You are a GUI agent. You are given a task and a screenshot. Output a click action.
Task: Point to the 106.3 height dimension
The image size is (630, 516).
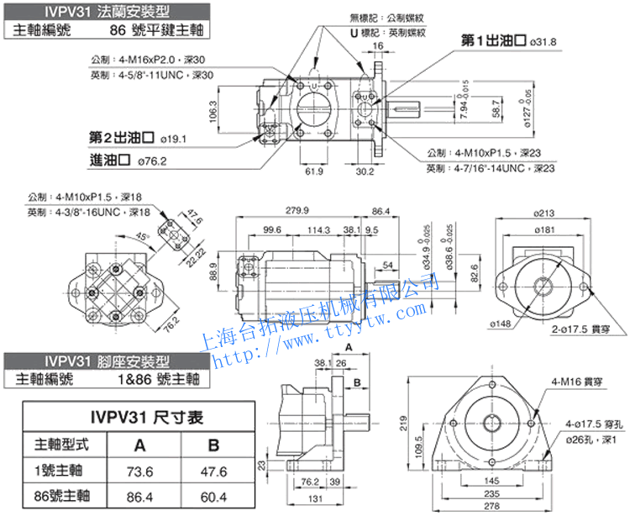click(x=214, y=109)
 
